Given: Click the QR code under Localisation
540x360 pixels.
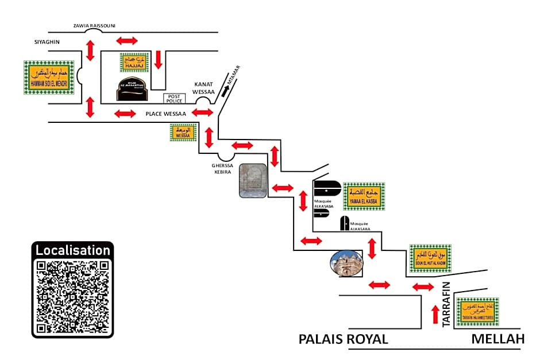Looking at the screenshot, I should pyautogui.click(x=72, y=296).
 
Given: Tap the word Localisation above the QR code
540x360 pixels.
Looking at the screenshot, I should pyautogui.click(x=72, y=250).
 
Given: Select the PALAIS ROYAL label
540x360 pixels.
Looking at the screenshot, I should pyautogui.click(x=343, y=339).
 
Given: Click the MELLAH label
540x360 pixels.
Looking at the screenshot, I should pyautogui.click(x=497, y=339).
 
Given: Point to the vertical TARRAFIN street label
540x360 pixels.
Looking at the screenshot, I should pyautogui.click(x=446, y=308).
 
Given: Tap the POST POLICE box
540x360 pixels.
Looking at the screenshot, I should pyautogui.click(x=175, y=98).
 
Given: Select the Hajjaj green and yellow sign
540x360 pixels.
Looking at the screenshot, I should pyautogui.click(x=134, y=63).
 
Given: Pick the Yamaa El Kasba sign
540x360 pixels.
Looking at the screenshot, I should pyautogui.click(x=364, y=196).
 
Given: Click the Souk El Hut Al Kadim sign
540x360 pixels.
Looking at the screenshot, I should pyautogui.click(x=430, y=258).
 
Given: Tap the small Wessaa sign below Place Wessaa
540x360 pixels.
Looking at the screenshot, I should pyautogui.click(x=183, y=133).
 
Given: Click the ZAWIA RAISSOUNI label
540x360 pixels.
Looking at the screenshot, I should pyautogui.click(x=94, y=26).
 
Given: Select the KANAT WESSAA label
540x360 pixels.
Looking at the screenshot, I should pyautogui.click(x=204, y=87).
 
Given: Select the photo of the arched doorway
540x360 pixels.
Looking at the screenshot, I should pyautogui.click(x=253, y=180).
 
